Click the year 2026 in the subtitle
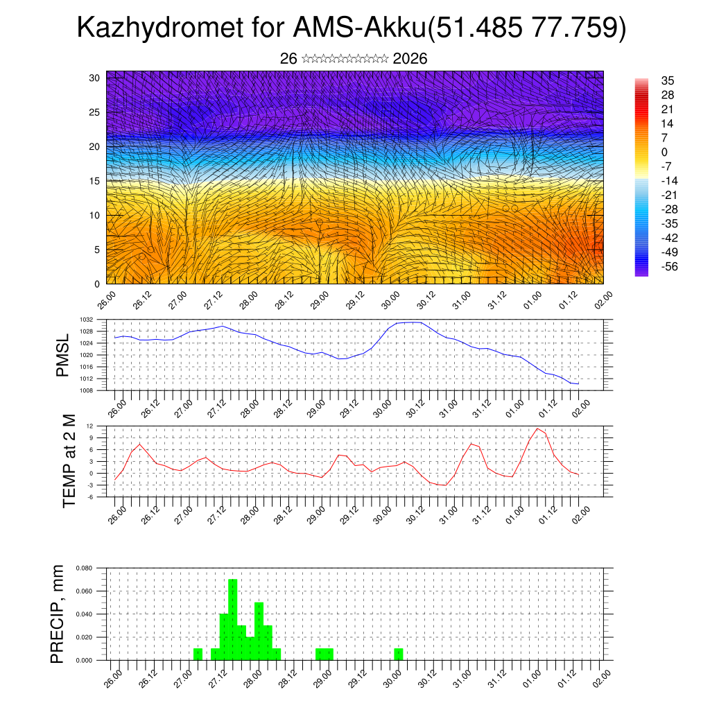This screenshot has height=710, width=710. coord(410,59)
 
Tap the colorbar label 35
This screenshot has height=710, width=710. coord(668,80)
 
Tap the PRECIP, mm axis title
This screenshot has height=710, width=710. coord(58,614)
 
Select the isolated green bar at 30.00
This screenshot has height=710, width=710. coord(399,654)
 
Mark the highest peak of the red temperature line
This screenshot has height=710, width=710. coord(537,428)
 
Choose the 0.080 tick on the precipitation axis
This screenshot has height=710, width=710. coord(84,568)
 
